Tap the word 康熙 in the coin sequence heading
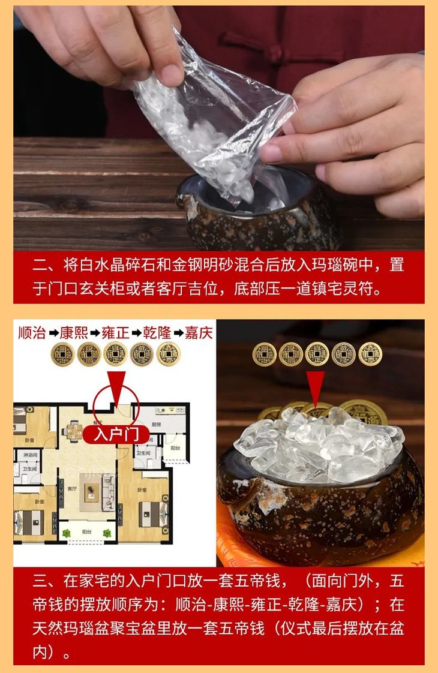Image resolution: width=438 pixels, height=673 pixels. [x=73, y=333]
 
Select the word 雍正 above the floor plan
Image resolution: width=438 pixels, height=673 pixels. [x=115, y=333]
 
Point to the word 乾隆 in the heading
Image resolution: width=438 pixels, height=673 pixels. [x=157, y=333]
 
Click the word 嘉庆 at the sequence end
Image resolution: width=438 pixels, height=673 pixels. [x=198, y=333]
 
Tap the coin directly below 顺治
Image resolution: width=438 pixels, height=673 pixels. [x=62, y=354]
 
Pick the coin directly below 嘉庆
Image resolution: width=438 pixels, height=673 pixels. [x=168, y=354]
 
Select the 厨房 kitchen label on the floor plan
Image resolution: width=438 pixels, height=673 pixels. [x=157, y=424]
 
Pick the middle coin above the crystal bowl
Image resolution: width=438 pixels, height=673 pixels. [x=317, y=354]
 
